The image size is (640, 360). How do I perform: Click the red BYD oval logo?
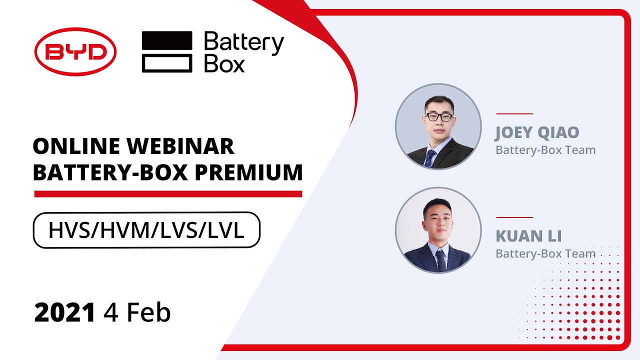tap(75, 51)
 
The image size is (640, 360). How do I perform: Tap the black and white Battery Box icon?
tap(167, 51)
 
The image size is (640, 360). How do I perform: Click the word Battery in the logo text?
tap(244, 43)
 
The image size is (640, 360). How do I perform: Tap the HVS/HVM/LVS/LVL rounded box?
tap(146, 230)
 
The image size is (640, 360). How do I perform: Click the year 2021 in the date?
tap(64, 313)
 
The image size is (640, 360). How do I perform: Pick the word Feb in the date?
tap(148, 313)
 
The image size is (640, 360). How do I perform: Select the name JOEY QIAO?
tap(537, 133)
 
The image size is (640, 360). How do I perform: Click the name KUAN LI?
tap(528, 236)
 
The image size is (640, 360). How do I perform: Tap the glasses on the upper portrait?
tap(439, 117)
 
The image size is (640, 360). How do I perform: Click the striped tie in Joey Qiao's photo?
tap(429, 157)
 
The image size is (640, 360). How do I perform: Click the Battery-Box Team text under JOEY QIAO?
tap(545, 149)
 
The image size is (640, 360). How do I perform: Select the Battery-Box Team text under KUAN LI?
tap(545, 253)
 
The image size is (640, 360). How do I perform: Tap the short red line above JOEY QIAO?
tap(514, 114)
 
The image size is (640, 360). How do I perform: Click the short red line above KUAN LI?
tap(514, 217)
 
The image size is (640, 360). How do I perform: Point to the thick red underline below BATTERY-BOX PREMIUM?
tap(168, 194)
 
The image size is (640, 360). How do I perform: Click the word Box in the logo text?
tap(224, 64)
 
